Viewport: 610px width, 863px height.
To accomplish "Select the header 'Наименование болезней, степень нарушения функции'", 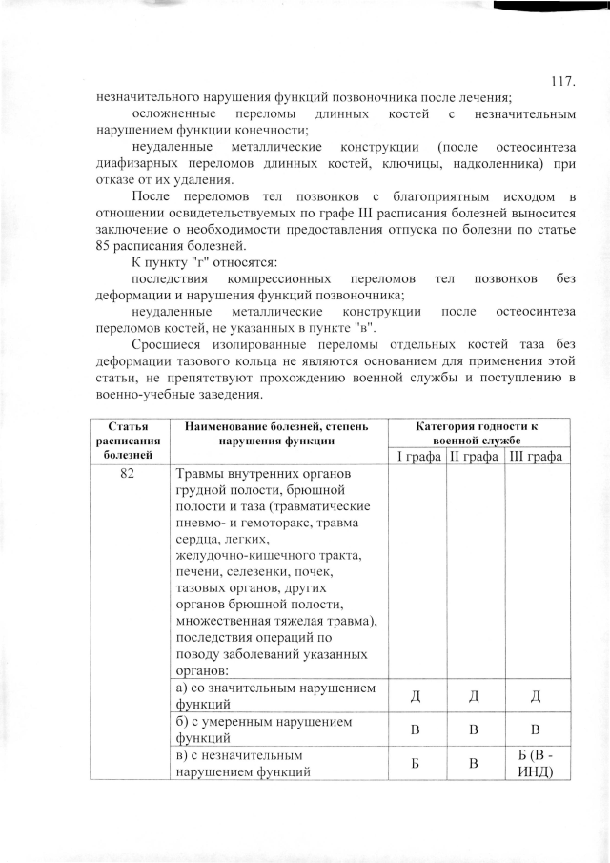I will pos(278,432).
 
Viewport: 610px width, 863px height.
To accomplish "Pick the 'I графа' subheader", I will pos(417,457).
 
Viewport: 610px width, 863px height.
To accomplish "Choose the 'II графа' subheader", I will pos(476,457).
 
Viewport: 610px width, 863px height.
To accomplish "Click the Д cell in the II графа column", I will pos(476,697).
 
